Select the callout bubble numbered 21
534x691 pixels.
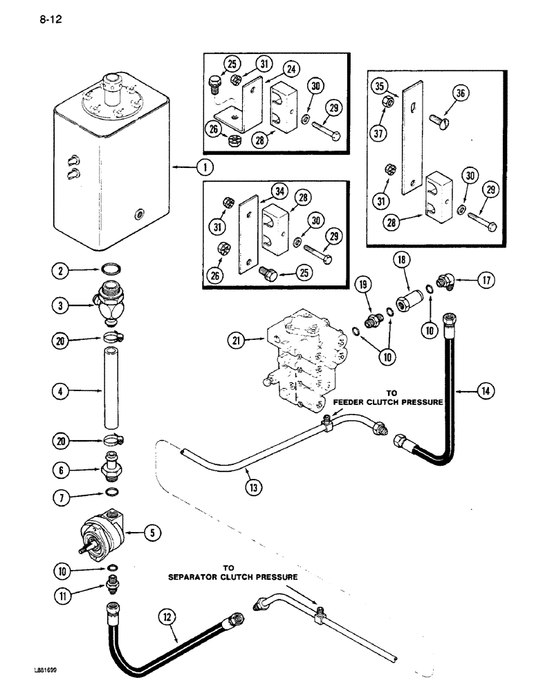(237, 339)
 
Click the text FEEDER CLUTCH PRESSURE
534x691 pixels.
(387, 401)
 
